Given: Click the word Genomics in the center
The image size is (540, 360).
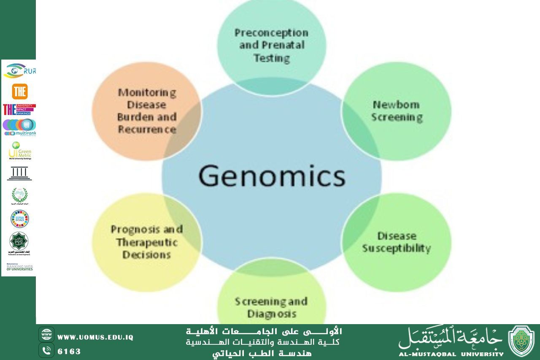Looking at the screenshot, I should [272, 176].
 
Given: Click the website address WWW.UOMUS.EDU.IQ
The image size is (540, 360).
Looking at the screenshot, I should [95, 337].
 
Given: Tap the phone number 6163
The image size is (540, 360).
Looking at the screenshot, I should [69, 351].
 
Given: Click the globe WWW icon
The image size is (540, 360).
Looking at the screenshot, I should [46, 335].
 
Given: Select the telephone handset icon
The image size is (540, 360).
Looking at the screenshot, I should [46, 350].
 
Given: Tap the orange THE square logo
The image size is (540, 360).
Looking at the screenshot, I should [19, 92].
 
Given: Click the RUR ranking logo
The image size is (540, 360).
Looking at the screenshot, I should [19, 71].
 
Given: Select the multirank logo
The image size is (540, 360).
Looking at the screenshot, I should [19, 127].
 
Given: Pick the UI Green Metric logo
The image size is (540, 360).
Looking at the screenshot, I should [19, 151].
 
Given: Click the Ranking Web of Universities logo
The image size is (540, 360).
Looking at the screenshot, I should [19, 267].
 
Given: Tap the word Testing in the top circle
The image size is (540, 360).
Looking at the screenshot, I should [272, 57].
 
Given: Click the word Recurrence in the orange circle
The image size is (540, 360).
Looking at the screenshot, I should [147, 129].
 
